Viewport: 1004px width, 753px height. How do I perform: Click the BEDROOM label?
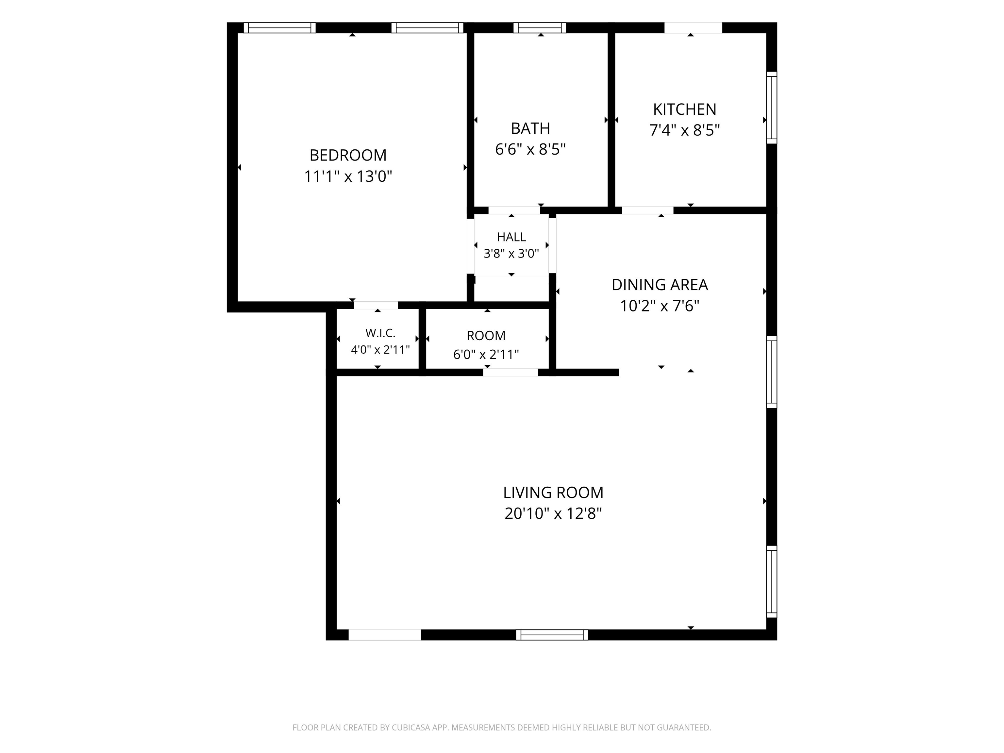click(348, 155)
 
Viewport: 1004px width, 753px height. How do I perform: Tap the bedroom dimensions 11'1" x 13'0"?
click(348, 176)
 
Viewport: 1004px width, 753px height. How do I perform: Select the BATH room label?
click(530, 128)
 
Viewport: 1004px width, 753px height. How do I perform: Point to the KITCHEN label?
click(684, 109)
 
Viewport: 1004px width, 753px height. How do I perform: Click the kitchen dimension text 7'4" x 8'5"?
click(684, 130)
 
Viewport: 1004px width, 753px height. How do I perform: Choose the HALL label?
click(511, 237)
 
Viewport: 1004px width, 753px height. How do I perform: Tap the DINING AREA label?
click(660, 285)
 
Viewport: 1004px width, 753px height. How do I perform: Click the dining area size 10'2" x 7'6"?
click(660, 306)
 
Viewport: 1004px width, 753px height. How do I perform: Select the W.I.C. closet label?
click(380, 333)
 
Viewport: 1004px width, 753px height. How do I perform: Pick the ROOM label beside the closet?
click(486, 336)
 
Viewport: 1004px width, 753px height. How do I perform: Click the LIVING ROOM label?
click(553, 493)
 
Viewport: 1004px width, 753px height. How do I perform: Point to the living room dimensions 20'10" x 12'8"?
click(553, 513)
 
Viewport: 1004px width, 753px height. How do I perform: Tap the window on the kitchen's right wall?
click(772, 108)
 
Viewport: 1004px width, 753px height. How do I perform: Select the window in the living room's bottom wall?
click(552, 635)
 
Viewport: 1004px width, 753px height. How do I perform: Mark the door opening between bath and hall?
click(514, 210)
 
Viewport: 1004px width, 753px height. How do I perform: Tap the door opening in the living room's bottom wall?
click(385, 635)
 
